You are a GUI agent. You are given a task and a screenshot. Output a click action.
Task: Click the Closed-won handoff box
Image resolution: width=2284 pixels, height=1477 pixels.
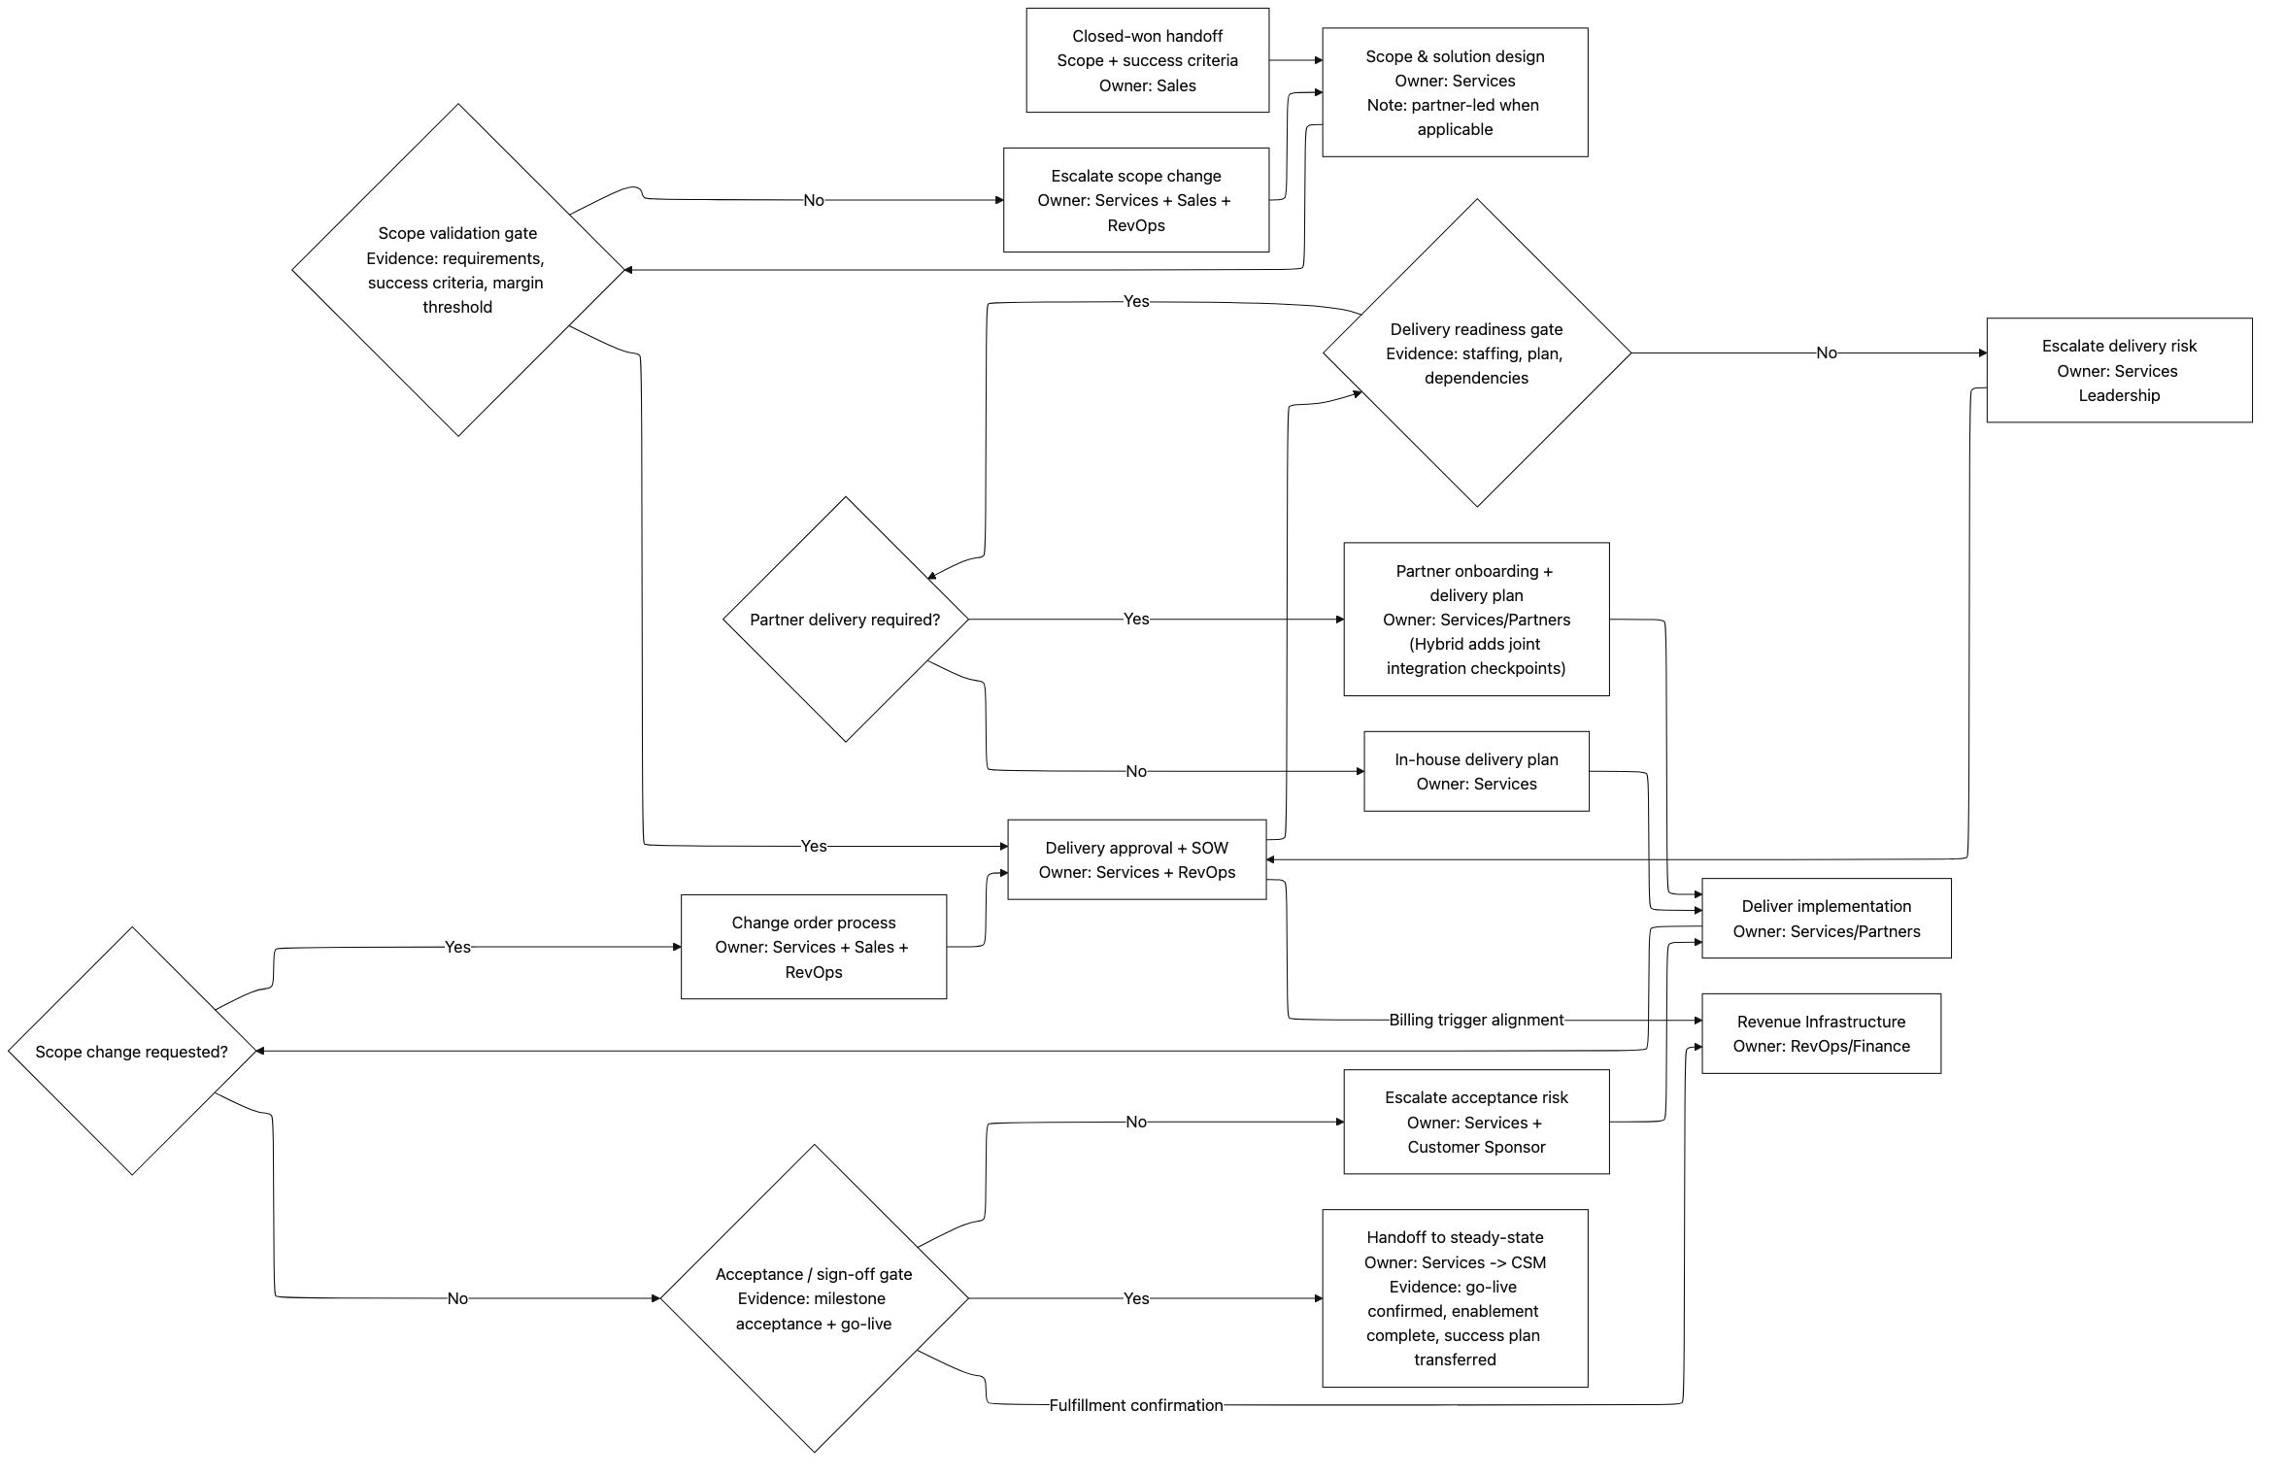1147,60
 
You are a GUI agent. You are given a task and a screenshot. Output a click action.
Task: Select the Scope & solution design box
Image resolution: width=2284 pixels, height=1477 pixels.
1454,92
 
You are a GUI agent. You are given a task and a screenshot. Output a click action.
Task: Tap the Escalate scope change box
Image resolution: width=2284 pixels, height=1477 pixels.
1135,200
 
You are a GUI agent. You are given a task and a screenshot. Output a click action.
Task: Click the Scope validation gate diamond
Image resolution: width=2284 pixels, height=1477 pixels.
457,270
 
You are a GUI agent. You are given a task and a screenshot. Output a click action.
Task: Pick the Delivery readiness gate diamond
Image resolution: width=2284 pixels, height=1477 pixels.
1476,353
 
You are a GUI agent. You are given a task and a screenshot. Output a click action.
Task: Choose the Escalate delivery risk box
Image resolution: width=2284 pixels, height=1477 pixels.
2118,370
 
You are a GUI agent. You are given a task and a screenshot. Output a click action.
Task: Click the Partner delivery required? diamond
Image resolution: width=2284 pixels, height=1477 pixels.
845,620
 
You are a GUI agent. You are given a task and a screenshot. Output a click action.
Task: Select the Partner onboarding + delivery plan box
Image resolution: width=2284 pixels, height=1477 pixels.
1475,620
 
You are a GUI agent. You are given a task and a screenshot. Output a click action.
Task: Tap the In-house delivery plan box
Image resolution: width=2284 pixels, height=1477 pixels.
1475,771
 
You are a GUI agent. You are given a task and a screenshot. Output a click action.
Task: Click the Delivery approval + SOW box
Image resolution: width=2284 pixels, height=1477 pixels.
1136,859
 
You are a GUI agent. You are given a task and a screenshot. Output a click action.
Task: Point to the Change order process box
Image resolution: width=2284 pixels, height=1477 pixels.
813,947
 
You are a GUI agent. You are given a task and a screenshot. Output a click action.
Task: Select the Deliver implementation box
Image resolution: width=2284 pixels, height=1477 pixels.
1826,919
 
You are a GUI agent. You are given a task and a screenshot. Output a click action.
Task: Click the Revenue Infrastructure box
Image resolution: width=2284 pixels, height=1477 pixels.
1821,1033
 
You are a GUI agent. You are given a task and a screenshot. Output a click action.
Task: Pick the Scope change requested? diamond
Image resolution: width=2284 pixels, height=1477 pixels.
132,1052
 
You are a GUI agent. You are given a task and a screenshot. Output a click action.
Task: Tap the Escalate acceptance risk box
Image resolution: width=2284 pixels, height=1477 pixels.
1475,1122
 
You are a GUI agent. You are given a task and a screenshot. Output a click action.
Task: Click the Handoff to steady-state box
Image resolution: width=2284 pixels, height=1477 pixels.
1454,1297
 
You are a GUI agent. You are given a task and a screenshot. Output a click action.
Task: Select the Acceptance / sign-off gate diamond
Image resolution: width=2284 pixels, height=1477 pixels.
814,1298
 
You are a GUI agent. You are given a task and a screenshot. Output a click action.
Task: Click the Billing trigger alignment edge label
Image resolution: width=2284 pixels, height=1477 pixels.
1475,1020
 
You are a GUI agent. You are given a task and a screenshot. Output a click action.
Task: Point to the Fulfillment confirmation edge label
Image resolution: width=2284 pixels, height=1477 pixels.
1135,1405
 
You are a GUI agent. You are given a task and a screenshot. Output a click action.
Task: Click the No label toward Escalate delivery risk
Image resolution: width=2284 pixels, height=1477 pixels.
1826,353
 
